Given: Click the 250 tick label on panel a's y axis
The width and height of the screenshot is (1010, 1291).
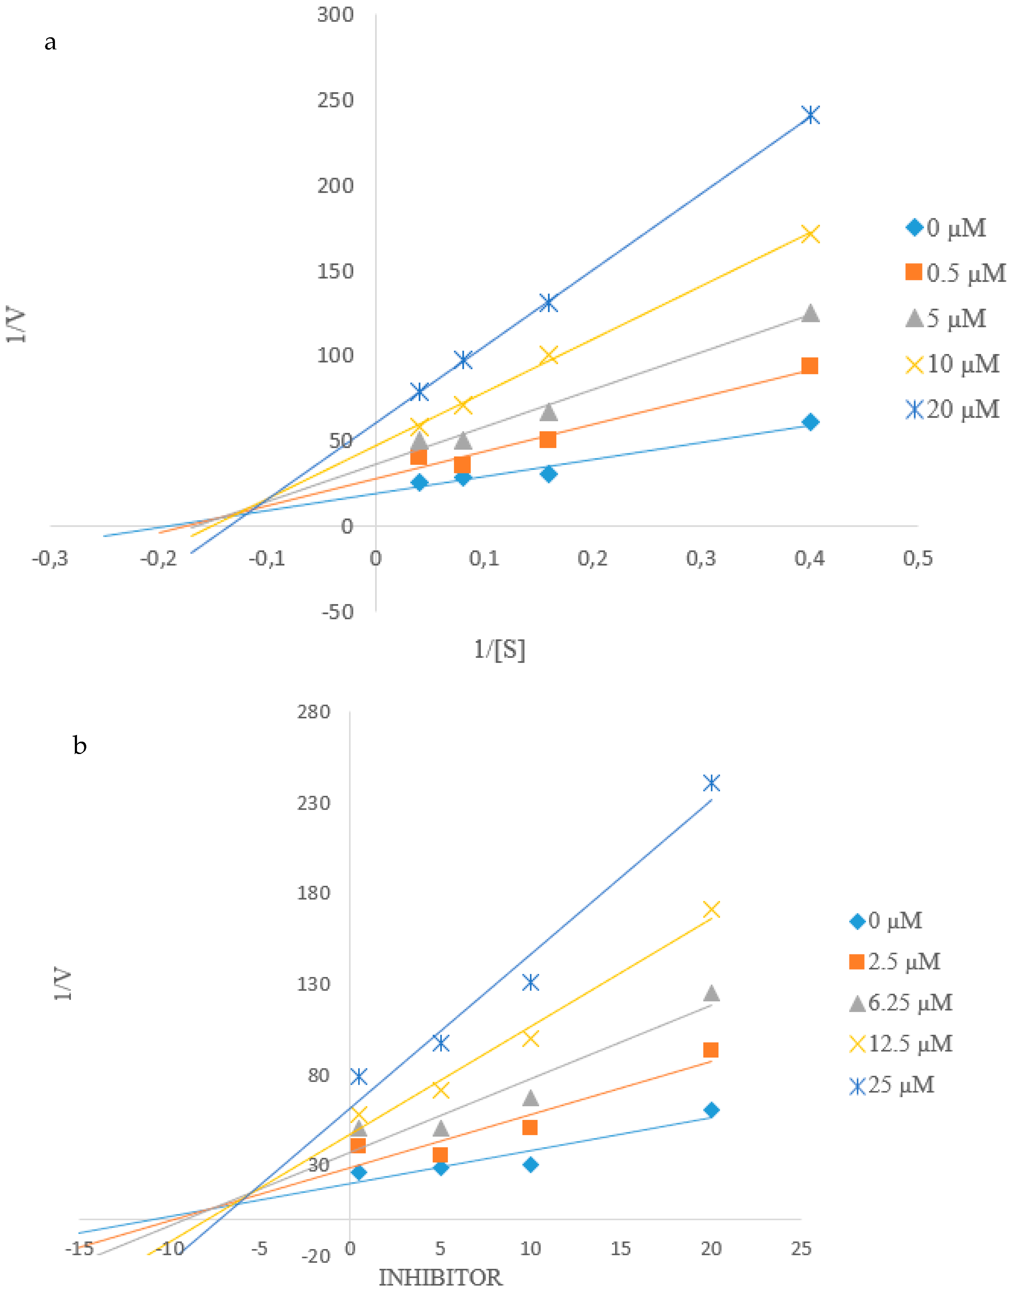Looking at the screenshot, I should point(335,100).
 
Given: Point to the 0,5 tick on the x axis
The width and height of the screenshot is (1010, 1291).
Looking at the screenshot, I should point(918,558).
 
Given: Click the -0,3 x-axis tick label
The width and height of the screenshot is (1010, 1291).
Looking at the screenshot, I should point(50,558).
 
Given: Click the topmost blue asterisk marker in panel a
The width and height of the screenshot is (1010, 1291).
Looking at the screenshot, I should point(811,115).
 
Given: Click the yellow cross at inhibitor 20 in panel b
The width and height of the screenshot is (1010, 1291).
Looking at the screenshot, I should point(711,910).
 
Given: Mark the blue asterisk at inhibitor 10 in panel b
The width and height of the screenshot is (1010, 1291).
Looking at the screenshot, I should point(530,982).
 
